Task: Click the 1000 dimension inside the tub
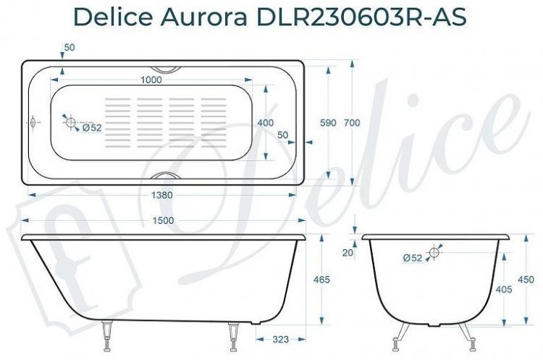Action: click(151, 80)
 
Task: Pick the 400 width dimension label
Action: click(265, 123)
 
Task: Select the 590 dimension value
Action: click(328, 123)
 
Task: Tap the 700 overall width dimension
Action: click(352, 123)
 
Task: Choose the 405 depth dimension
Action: click(504, 289)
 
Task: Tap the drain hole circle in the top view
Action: click(71, 124)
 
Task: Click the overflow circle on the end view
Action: click(434, 252)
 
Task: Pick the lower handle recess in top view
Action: click(167, 176)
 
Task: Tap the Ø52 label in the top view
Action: click(91, 128)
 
